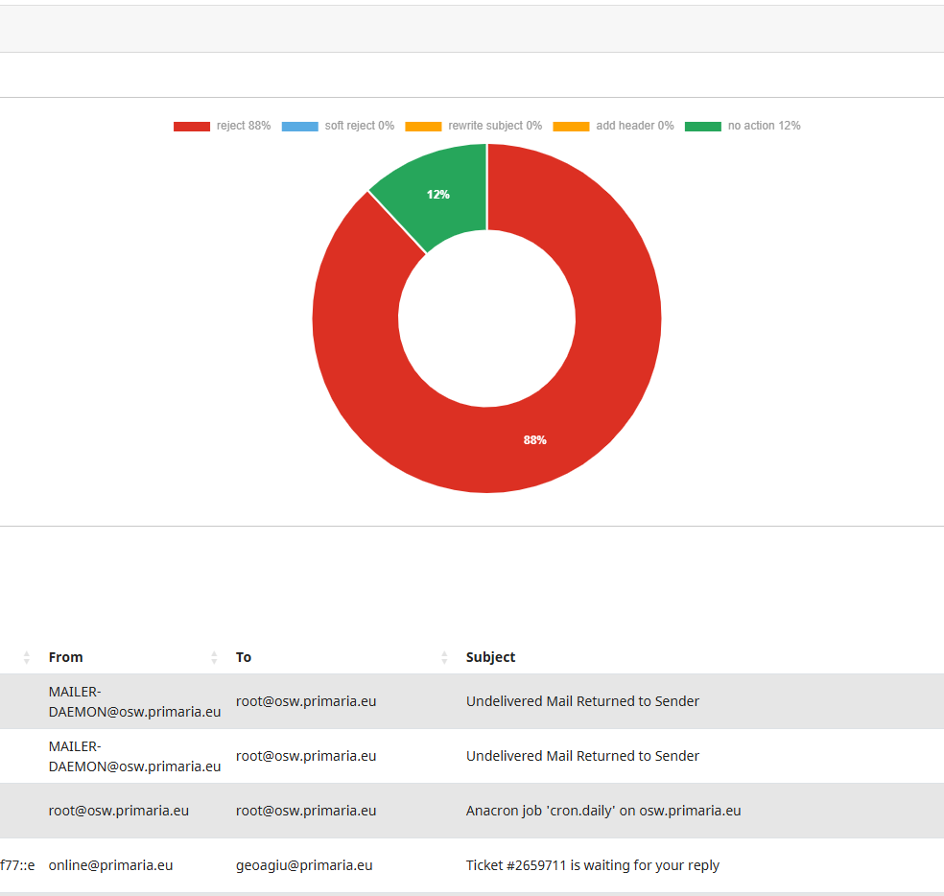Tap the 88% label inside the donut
click(534, 440)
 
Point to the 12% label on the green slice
click(438, 195)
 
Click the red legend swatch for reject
click(191, 127)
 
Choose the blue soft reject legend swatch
click(299, 127)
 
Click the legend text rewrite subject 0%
click(494, 126)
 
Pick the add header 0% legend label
click(634, 126)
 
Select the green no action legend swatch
click(703, 127)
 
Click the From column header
click(66, 657)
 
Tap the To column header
click(244, 657)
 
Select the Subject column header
click(490, 657)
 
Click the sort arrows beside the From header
click(214, 657)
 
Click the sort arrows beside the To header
click(444, 657)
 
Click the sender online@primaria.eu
click(110, 865)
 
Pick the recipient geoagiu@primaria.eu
click(304, 865)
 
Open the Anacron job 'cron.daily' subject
click(603, 811)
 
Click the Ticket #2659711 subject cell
click(592, 865)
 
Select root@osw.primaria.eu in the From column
click(119, 811)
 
